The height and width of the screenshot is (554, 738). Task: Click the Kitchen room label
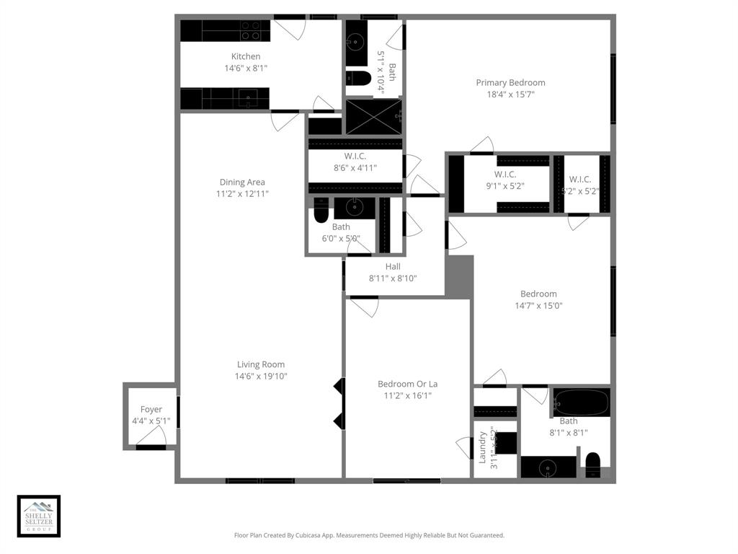246,56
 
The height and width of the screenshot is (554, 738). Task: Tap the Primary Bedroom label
510,82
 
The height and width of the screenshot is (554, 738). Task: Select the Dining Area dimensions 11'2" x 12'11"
242,194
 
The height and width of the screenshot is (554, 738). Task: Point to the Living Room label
261,364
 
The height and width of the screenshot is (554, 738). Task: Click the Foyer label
151,409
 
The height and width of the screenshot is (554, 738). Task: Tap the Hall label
393,266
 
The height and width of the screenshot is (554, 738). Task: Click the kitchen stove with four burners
251,30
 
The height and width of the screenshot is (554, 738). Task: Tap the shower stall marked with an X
373,117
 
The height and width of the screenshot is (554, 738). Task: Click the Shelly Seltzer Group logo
39,516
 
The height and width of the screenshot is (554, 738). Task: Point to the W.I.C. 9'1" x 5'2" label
510,174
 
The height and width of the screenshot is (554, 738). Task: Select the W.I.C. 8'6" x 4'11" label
355,156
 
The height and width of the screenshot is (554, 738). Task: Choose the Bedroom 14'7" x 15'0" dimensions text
538,305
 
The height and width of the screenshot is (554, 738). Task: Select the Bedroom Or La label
407,384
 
